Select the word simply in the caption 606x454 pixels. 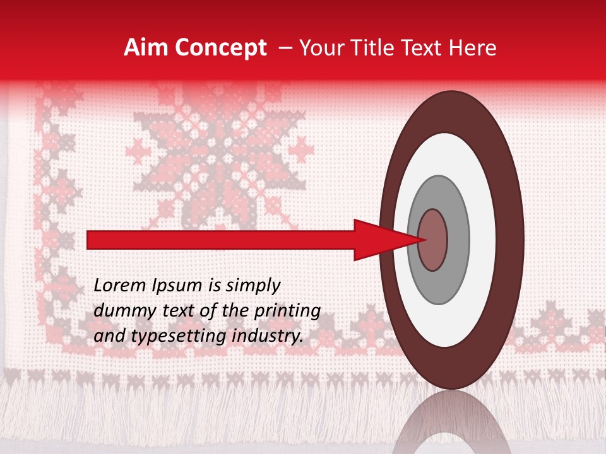252,286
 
